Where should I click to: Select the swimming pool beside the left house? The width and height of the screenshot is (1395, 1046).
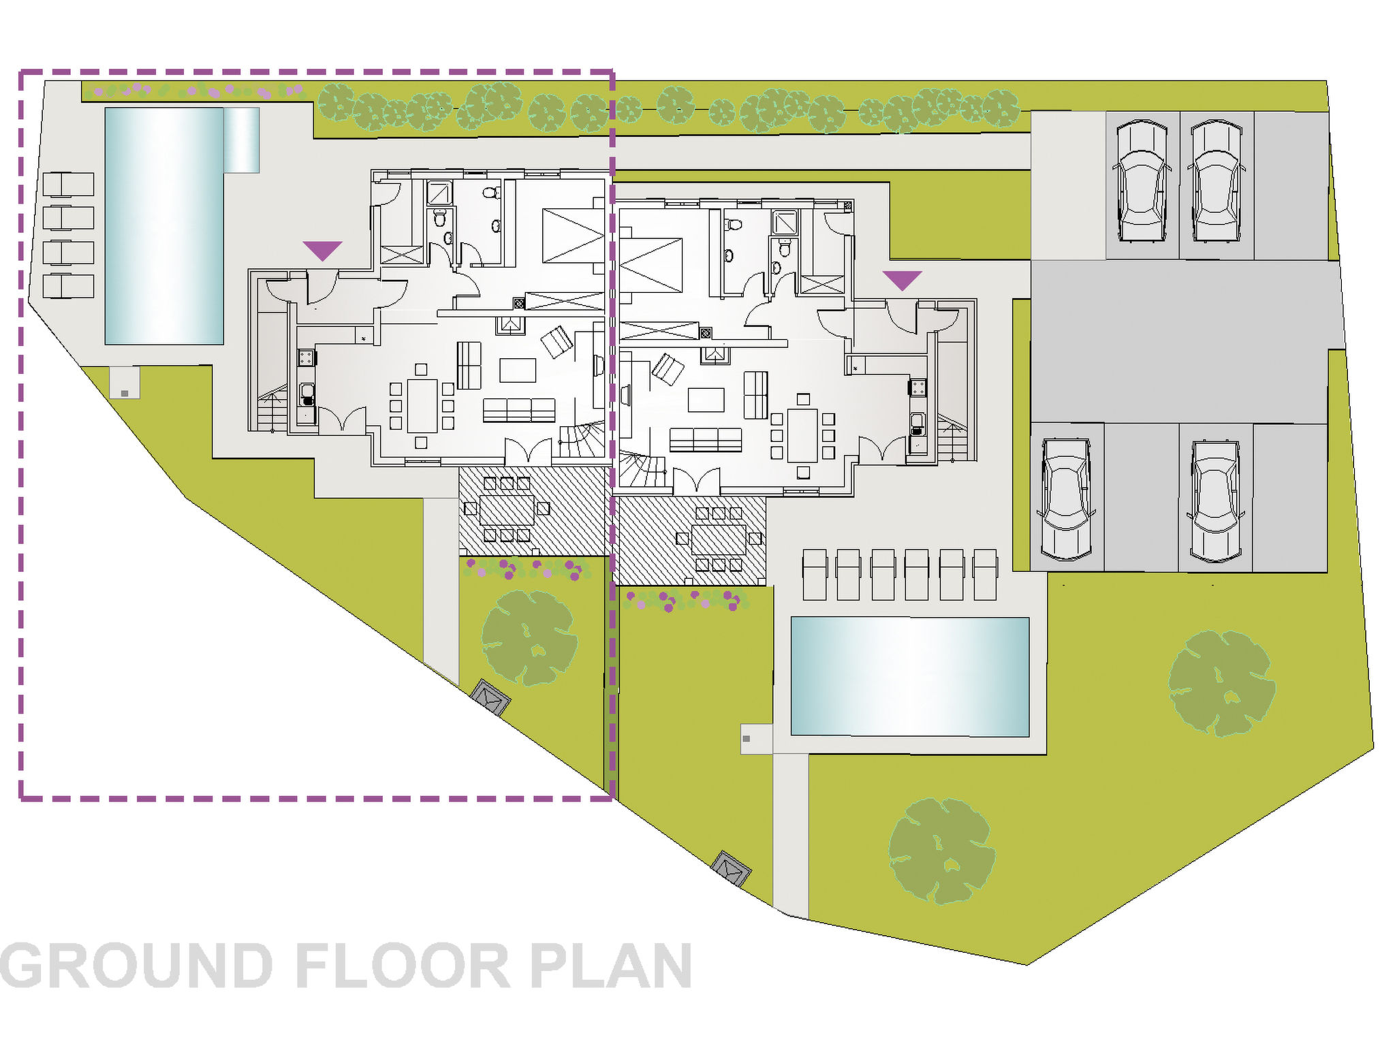pyautogui.click(x=164, y=225)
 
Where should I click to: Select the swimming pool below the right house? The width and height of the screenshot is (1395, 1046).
pyautogui.click(x=909, y=677)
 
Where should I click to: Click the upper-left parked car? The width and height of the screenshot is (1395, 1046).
pyautogui.click(x=1142, y=181)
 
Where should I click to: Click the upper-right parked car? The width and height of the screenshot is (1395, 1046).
pyautogui.click(x=1217, y=181)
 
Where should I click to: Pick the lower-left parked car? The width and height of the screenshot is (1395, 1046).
pyautogui.click(x=1067, y=499)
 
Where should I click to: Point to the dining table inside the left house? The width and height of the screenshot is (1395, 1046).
pyautogui.click(x=422, y=406)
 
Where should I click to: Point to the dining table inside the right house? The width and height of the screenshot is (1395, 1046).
pyautogui.click(x=802, y=435)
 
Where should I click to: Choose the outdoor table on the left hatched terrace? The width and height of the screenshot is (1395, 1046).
pyautogui.click(x=507, y=509)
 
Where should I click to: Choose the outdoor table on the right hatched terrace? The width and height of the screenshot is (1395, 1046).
pyautogui.click(x=719, y=539)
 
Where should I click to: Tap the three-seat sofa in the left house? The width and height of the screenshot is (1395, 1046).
pyautogui.click(x=519, y=411)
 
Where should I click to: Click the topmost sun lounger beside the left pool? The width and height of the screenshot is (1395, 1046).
pyautogui.click(x=68, y=184)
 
